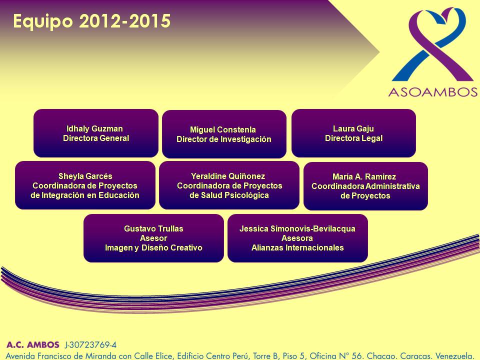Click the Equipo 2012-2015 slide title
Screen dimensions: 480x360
point(92,21)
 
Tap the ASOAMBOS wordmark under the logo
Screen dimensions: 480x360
point(433,92)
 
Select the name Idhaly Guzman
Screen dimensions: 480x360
point(94,128)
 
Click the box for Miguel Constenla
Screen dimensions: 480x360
point(224,134)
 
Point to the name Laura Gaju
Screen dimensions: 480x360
point(353,128)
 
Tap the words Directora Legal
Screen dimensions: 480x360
point(353,138)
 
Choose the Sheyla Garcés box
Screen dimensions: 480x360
point(85,185)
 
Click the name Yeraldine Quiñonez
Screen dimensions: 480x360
point(228,176)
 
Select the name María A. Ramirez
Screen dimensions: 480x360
point(364,176)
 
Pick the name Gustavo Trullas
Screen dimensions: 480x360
point(153,228)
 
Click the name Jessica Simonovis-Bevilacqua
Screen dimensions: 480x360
point(297,228)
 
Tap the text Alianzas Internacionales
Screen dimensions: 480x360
point(297,247)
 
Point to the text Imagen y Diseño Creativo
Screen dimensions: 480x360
point(153,247)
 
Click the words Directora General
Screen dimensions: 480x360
point(96,138)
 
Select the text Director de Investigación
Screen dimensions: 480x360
point(224,139)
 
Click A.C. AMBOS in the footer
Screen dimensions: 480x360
point(33,344)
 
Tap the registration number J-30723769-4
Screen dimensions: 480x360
point(90,345)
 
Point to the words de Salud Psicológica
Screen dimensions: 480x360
point(229,195)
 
